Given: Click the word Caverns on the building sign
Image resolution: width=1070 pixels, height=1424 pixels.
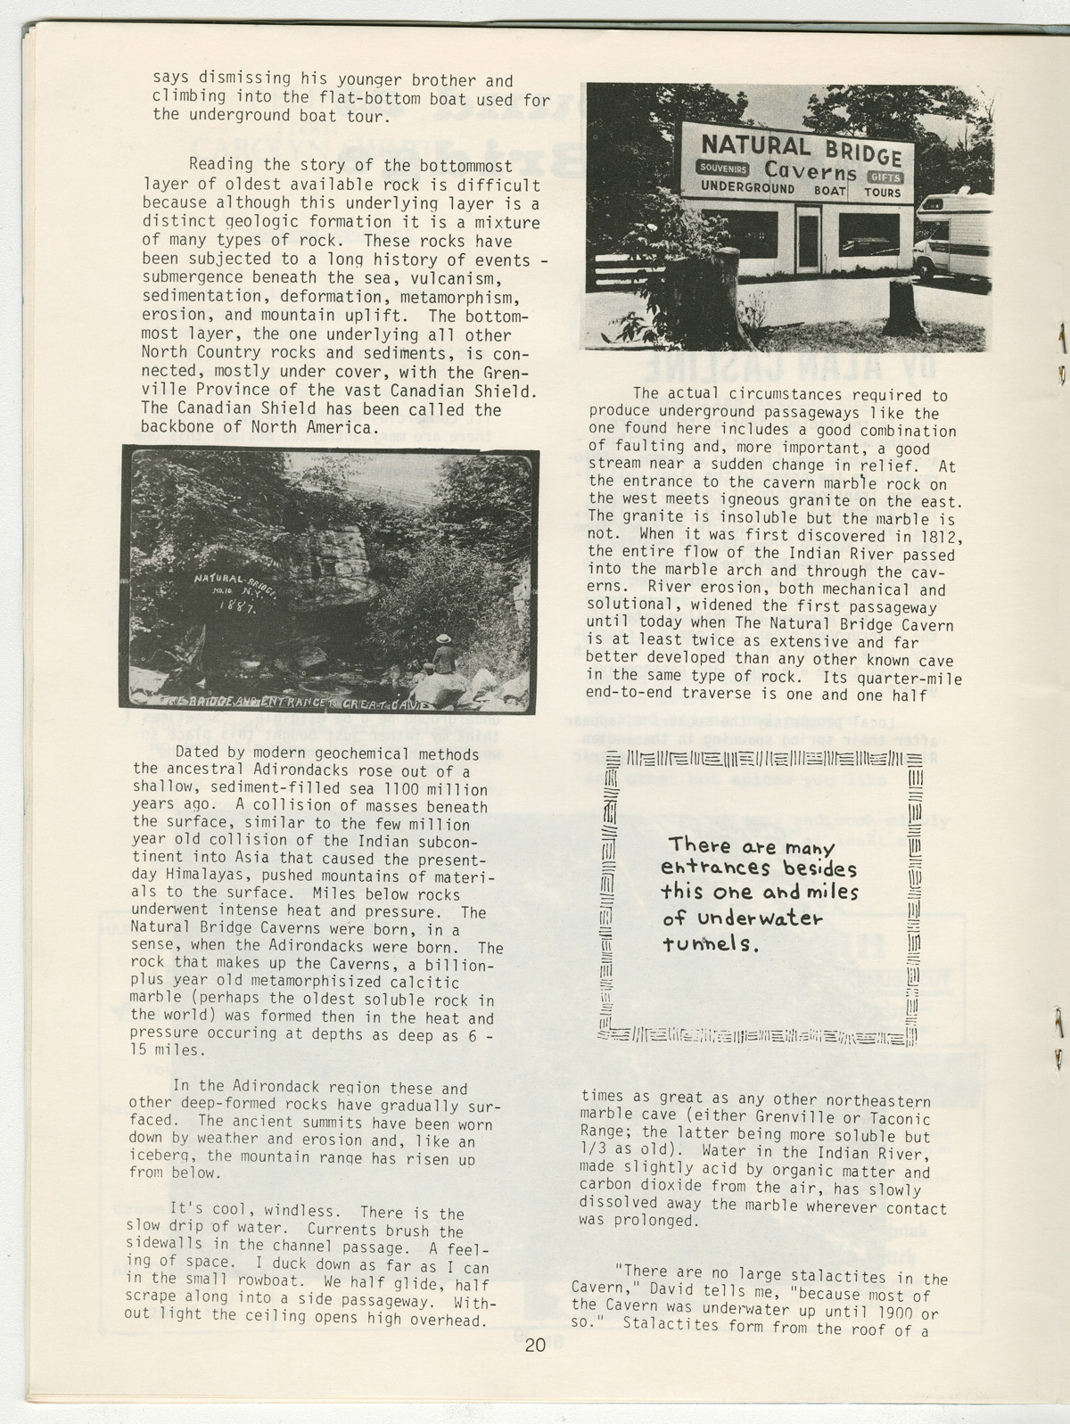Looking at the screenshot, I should coord(811,170).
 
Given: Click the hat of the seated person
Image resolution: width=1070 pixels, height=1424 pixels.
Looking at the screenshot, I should coord(441,638).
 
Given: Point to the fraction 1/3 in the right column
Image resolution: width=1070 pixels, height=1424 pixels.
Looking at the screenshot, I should coord(593,1154).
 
